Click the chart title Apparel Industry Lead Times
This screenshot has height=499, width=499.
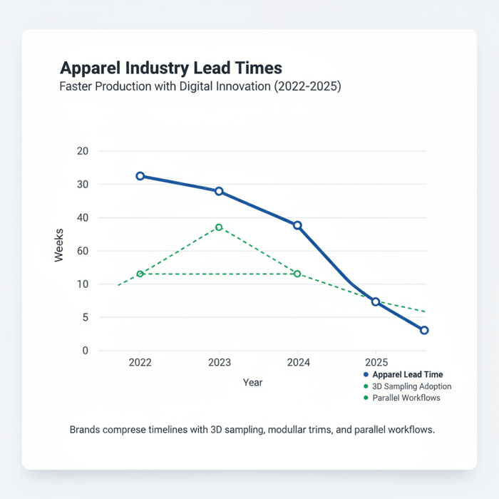pyautogui.click(x=171, y=68)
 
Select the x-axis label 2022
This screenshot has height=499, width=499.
pyautogui.click(x=140, y=362)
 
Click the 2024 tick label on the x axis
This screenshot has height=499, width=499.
pyautogui.click(x=298, y=362)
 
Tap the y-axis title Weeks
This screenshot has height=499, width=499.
pyautogui.click(x=59, y=245)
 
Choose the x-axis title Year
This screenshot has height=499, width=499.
pyautogui.click(x=252, y=383)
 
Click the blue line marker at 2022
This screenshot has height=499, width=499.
pyautogui.click(x=140, y=176)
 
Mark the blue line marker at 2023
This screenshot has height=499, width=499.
pyautogui.click(x=219, y=191)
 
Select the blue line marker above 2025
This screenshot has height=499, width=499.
pyautogui.click(x=376, y=302)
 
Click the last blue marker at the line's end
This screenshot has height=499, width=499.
pyautogui.click(x=424, y=330)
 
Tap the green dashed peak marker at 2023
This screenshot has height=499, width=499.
pyautogui.click(x=219, y=227)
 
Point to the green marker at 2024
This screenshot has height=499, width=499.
pyautogui.click(x=297, y=274)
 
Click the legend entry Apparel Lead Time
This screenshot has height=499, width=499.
pyautogui.click(x=407, y=374)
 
